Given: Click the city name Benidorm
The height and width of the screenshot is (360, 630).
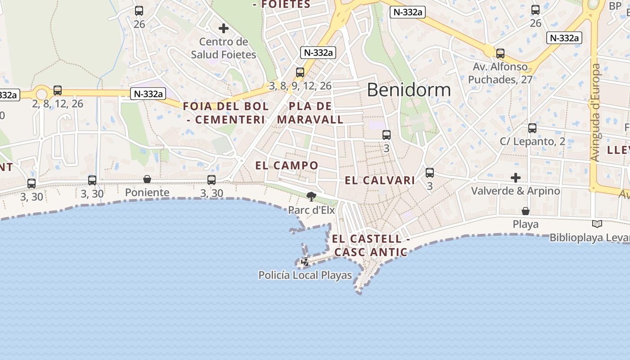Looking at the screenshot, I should pyautogui.click(x=409, y=90).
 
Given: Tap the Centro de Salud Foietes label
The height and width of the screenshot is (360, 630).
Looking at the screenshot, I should pyautogui.click(x=224, y=49).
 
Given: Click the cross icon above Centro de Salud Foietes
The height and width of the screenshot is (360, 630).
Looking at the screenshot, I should pyautogui.click(x=224, y=28).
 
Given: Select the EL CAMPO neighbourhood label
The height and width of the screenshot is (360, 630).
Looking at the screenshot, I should pyautogui.click(x=287, y=166).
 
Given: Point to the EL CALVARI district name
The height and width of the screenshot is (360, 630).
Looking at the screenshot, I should pyautogui.click(x=380, y=181).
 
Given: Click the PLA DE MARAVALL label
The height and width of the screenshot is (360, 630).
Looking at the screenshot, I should pyautogui.click(x=310, y=113).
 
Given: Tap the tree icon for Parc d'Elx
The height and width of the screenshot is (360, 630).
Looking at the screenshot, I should pyautogui.click(x=311, y=196).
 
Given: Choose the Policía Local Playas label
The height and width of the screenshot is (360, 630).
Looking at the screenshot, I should pyautogui.click(x=305, y=275).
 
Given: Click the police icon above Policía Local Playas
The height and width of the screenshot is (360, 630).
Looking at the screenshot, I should pyautogui.click(x=305, y=261).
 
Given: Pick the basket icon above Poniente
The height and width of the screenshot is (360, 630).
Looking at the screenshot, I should pyautogui.click(x=147, y=179).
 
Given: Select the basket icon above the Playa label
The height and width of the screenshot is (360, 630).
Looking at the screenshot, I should pyautogui.click(x=525, y=211).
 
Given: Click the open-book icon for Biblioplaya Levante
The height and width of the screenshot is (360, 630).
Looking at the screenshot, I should pyautogui.click(x=597, y=224).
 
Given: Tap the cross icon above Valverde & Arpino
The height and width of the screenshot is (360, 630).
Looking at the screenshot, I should pyautogui.click(x=516, y=177).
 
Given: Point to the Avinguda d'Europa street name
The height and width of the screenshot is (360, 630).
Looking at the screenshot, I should pyautogui.click(x=595, y=112).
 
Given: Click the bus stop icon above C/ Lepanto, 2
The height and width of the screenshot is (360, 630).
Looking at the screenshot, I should pyautogui.click(x=532, y=128).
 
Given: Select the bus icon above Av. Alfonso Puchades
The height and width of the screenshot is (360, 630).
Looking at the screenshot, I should pyautogui.click(x=500, y=54).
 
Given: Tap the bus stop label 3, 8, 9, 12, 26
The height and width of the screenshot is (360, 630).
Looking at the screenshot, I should pyautogui.click(x=300, y=85).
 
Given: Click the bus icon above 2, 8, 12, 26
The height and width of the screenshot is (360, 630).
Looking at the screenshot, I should pyautogui.click(x=58, y=90).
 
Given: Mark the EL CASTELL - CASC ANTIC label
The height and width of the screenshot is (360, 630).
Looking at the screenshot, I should pyautogui.click(x=371, y=245).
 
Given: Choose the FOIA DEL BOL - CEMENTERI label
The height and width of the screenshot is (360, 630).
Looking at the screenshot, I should pyautogui.click(x=226, y=113).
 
